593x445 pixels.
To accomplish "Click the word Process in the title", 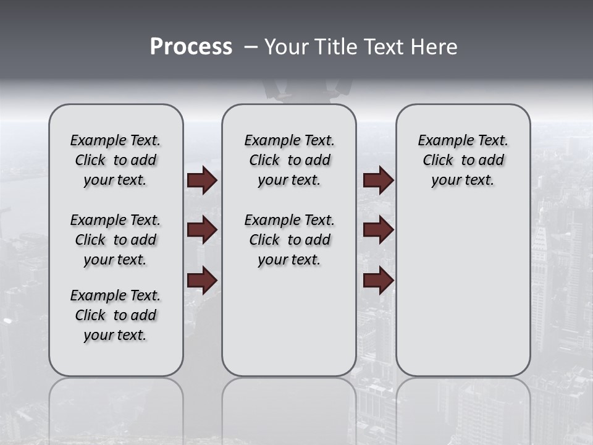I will pos(191,47).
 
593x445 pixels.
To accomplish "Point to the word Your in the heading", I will pos(287,47).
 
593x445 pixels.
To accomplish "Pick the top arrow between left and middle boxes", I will pos(202,180).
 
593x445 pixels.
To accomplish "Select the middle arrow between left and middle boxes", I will pos(202,230).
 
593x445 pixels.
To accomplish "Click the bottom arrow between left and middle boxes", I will pos(202,281).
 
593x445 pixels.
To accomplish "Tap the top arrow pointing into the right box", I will pos(379,180).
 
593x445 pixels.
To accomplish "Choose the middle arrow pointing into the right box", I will pos(379,230).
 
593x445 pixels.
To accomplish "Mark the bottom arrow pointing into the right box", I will pos(379,281).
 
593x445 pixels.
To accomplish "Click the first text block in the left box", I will pos(116,160).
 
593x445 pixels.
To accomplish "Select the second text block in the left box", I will pos(116,240).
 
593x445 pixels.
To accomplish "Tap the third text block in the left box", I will pos(116,315).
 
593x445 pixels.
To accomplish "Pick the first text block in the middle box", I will pos(289,160).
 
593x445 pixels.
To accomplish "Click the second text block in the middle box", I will pos(289,240).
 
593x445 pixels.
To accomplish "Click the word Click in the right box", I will pos(438,160).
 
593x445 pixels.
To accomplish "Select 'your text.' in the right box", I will pos(463,180).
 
